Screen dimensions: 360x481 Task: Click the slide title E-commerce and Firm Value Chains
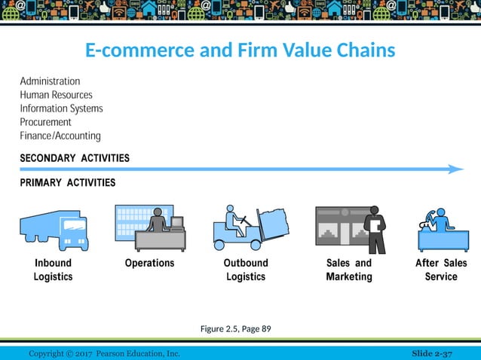coord(240,51)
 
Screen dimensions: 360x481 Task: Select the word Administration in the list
coord(50,81)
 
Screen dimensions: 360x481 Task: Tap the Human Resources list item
coord(56,95)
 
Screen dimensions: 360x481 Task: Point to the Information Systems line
coord(61,108)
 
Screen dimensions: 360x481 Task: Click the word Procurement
coord(45,122)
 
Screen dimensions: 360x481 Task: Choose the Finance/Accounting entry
coord(60,136)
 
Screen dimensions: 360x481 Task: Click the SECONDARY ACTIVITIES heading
coord(74,158)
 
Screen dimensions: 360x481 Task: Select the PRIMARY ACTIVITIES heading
coord(67,182)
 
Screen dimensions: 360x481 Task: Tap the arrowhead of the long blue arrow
coord(455,169)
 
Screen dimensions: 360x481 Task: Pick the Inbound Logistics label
coord(53,270)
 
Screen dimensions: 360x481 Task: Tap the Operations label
coord(149,263)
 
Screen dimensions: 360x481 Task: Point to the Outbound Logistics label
coord(246,270)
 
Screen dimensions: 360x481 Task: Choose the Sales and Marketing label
coord(349,270)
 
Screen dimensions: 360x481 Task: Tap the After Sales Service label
coord(441,270)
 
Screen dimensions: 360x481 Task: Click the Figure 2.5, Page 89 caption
coord(236,328)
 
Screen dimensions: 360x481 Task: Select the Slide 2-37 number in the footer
coord(435,354)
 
